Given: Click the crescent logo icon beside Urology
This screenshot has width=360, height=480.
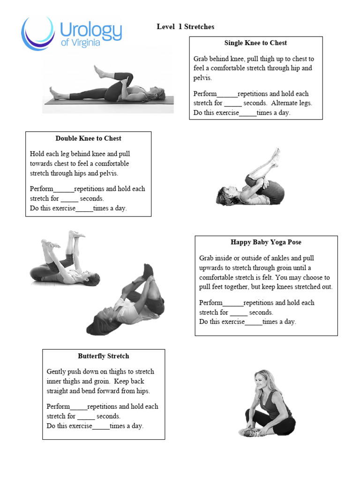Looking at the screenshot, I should [37, 33].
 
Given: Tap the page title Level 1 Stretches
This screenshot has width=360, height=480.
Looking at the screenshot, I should [185, 27].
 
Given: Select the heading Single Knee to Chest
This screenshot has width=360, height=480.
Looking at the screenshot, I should [255, 43].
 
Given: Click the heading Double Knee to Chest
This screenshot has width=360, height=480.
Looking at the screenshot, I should [88, 138].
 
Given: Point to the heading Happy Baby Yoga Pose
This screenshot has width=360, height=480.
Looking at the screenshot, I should [266, 242].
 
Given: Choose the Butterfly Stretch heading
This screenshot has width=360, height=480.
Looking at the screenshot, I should [104, 356].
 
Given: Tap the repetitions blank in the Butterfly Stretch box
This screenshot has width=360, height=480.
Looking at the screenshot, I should [79, 407].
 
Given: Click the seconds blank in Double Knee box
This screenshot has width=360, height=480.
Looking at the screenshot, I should [69, 199].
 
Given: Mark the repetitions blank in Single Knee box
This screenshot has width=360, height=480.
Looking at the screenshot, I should [227, 94].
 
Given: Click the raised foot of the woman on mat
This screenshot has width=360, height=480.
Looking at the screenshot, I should [98, 70].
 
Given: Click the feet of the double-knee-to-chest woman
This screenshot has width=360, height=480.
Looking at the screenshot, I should [276, 156].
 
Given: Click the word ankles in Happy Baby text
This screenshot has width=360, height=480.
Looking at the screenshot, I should [285, 258].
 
